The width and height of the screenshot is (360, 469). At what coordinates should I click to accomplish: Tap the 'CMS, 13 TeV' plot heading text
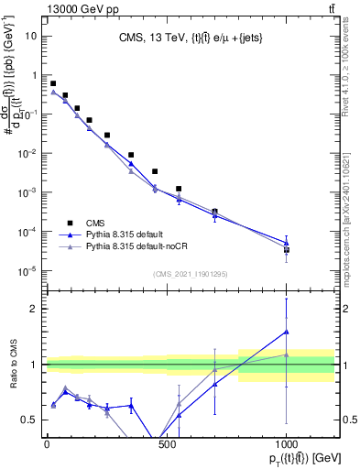point(190,38)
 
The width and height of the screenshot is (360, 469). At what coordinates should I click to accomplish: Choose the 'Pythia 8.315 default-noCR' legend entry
point(144,247)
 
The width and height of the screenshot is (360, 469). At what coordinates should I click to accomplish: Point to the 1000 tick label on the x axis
point(286,445)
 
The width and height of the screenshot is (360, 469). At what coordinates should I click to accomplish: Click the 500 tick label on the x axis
point(167,445)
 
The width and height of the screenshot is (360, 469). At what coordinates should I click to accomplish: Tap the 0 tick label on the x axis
point(47,445)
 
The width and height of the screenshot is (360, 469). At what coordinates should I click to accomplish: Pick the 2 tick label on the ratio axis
point(35,309)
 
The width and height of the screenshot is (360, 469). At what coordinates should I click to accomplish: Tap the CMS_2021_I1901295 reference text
point(190,273)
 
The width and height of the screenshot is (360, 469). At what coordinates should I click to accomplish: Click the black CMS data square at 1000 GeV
point(287,249)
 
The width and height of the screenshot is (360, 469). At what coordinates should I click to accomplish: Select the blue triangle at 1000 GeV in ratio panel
point(287,332)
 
